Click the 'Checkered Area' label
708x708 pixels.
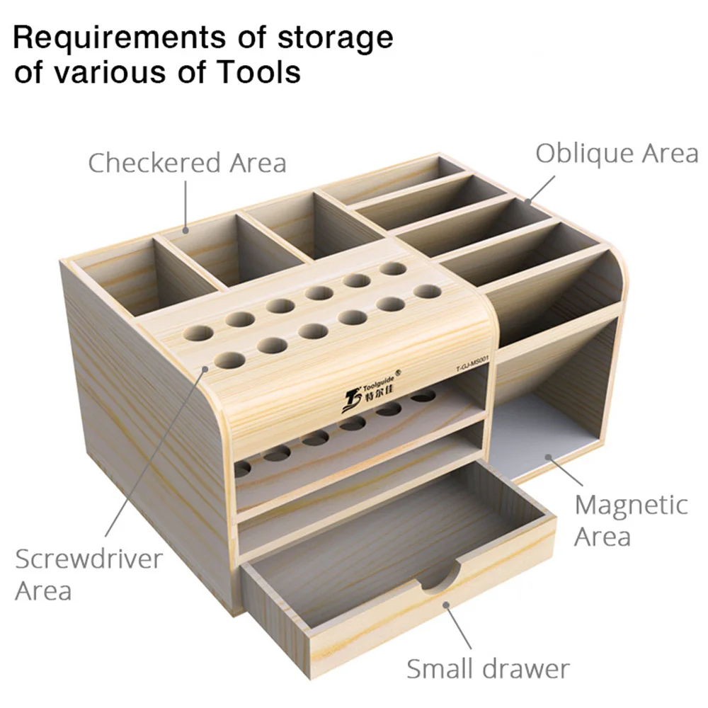click(187, 163)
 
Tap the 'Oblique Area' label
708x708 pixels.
click(617, 154)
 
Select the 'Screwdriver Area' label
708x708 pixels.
click(88, 575)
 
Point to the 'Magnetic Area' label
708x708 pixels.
click(632, 520)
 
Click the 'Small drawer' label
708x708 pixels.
click(488, 669)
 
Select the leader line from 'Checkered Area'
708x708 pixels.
click(185, 205)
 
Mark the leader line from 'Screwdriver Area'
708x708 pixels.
click(155, 452)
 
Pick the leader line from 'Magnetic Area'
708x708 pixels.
click(564, 471)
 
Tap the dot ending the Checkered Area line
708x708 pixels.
click(185, 230)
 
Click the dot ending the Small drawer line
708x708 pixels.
click(445, 605)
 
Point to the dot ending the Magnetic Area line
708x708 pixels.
click(548, 457)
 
